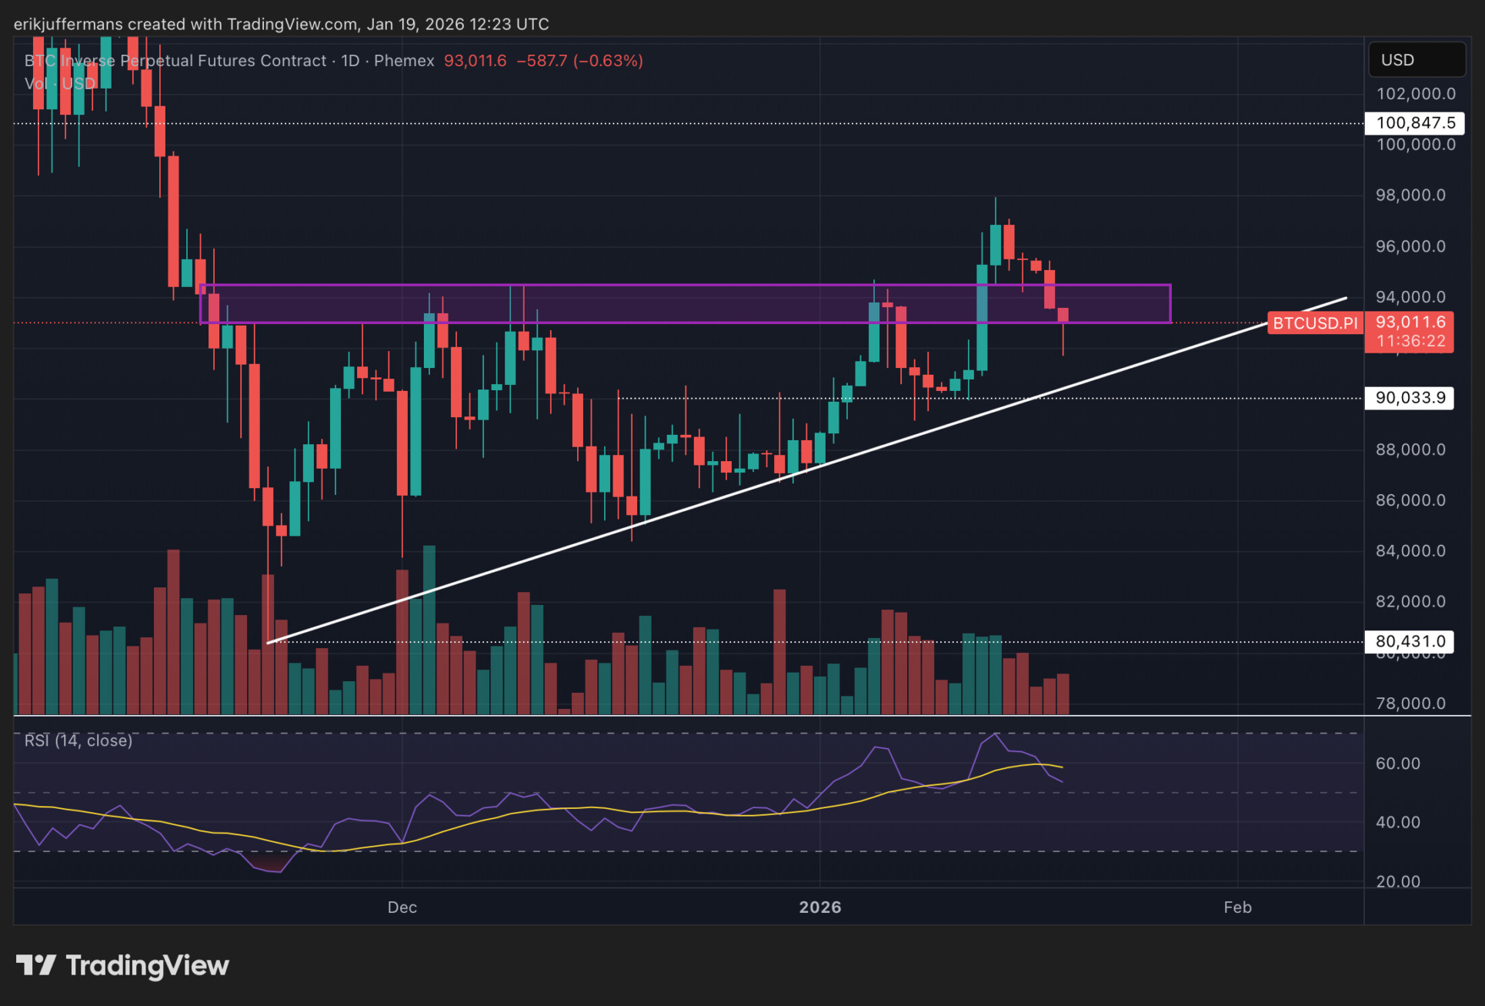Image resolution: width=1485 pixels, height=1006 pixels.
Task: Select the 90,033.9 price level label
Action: click(1410, 398)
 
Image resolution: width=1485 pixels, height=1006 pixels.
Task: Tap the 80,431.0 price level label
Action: click(1410, 641)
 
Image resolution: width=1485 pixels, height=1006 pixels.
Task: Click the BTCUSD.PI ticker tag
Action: click(1315, 323)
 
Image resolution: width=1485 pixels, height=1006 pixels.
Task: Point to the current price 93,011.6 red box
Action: click(1410, 331)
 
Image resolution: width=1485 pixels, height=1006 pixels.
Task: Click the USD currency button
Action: click(1416, 60)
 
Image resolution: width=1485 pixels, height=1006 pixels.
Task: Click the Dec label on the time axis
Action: click(402, 907)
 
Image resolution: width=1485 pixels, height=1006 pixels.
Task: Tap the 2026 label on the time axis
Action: click(819, 907)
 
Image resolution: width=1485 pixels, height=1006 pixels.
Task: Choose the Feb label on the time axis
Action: click(1237, 907)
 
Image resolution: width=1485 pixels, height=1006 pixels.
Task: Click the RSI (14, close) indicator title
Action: click(78, 740)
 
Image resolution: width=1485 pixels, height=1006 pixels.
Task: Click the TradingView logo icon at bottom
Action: click(35, 965)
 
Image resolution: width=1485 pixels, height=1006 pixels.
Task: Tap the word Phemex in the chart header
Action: click(404, 61)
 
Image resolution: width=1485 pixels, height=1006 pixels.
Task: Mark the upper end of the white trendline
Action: click(1346, 298)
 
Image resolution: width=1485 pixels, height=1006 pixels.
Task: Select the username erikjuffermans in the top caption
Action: click(68, 24)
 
